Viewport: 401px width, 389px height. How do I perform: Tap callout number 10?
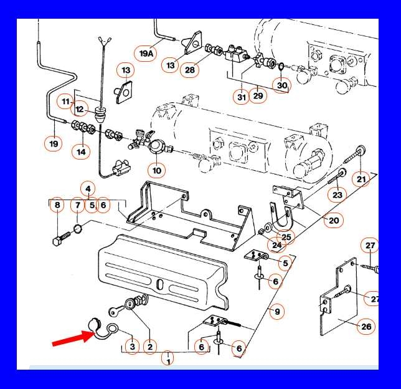click(x=157, y=170)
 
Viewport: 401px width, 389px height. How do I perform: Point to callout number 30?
click(x=282, y=85)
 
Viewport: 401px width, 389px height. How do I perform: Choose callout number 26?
click(x=366, y=326)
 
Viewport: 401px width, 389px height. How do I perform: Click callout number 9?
click(x=277, y=312)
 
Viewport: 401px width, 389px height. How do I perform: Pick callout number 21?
click(x=361, y=179)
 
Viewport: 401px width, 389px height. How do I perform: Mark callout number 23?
click(x=337, y=195)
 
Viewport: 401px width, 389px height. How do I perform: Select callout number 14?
click(x=81, y=152)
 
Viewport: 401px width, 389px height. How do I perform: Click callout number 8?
click(x=57, y=205)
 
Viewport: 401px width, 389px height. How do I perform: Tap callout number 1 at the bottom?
click(x=168, y=358)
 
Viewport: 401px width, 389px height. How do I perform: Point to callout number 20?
click(x=334, y=220)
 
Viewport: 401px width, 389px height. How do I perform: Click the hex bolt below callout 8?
click(x=62, y=238)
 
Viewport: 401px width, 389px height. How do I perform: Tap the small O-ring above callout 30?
click(x=281, y=67)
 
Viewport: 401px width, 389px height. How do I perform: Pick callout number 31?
click(x=242, y=97)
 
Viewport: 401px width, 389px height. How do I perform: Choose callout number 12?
click(x=80, y=109)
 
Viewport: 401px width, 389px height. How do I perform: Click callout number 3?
click(x=132, y=347)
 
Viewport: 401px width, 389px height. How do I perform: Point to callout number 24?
click(x=276, y=245)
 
